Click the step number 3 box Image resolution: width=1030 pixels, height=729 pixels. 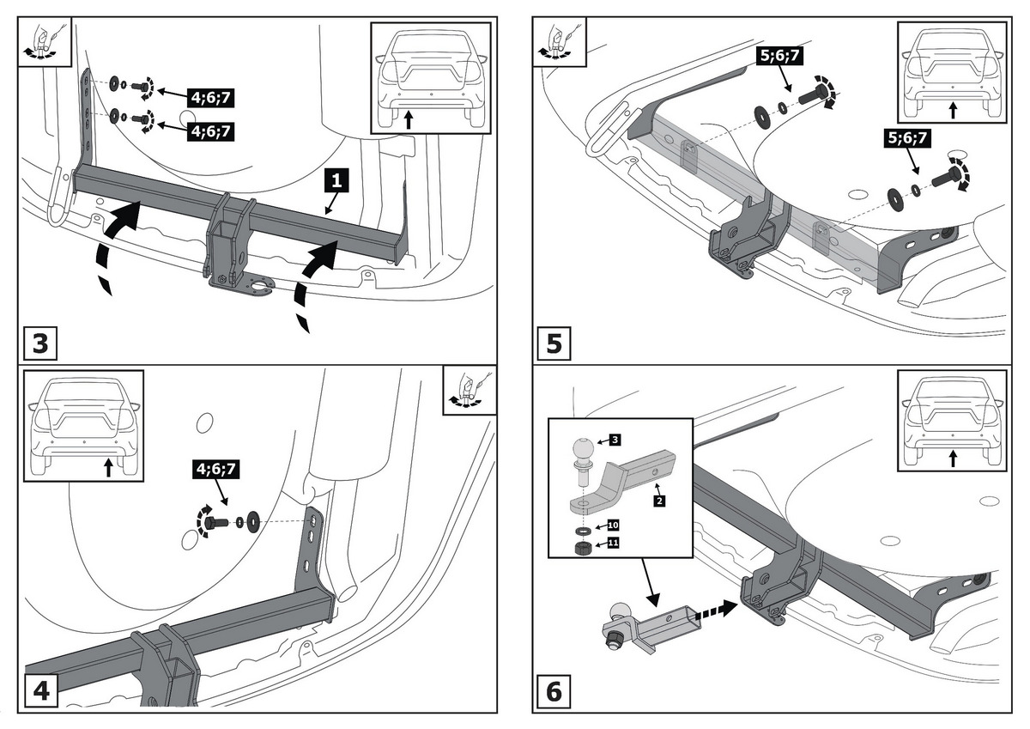(40, 344)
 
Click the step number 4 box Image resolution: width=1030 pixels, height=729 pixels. (40, 692)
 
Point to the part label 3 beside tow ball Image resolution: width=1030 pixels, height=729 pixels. (615, 440)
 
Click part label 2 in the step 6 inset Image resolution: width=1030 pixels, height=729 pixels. (658, 501)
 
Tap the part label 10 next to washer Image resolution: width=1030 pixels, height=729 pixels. (614, 524)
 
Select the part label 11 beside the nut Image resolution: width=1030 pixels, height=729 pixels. (614, 543)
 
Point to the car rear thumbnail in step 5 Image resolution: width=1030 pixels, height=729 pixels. (950, 72)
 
